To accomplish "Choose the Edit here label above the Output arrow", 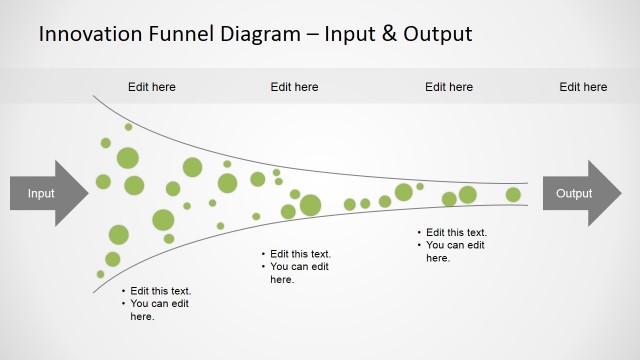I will point(583,87).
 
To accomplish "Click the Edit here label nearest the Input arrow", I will point(152,87).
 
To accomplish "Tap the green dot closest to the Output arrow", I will point(513,194).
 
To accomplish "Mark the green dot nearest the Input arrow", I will point(103,181).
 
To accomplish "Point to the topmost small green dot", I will point(128,127).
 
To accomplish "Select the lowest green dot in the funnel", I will point(100,274).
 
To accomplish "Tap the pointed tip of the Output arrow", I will point(620,193).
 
